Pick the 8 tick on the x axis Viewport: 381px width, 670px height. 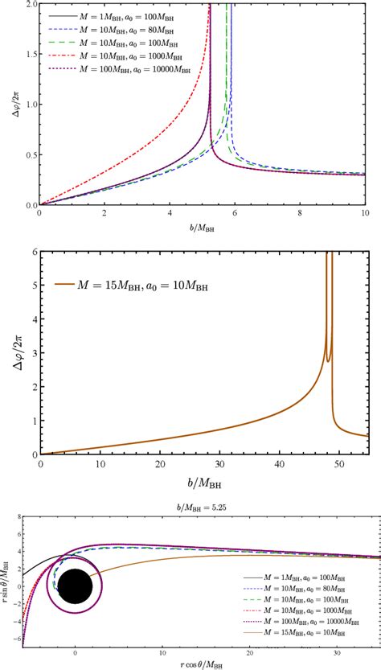pyautogui.click(x=299, y=215)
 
